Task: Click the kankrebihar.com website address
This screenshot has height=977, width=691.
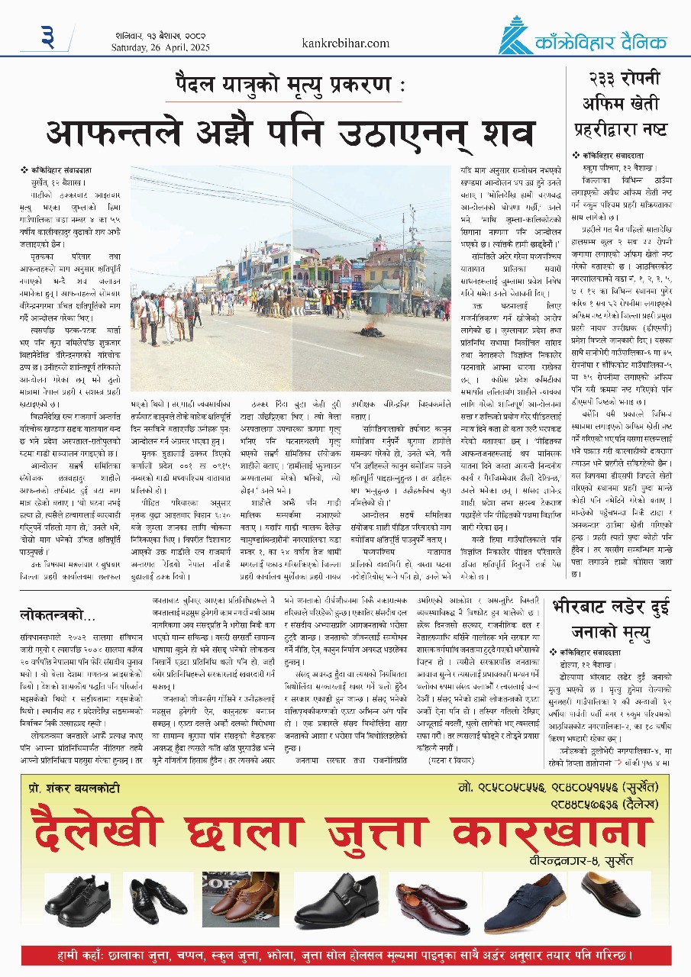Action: point(346,44)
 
